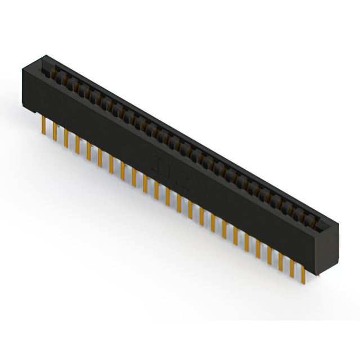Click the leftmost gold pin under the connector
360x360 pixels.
click(x=44, y=126)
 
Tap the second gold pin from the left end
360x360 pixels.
click(x=55, y=132)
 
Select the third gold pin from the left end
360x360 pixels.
click(x=66, y=138)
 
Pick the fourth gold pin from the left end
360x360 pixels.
click(x=78, y=144)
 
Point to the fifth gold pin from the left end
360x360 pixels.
click(x=89, y=150)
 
